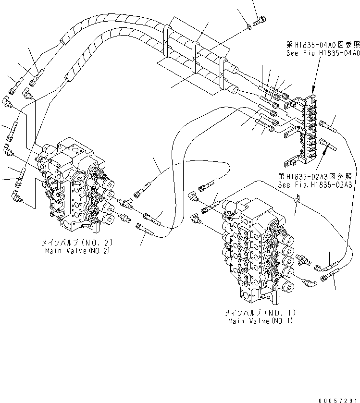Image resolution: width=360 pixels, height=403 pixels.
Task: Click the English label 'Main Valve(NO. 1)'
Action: [x=260, y=321]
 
